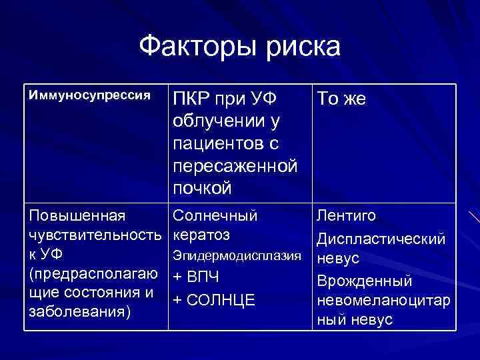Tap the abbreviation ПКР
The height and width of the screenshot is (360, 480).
tap(191, 100)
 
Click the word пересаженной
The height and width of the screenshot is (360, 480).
tap(235, 165)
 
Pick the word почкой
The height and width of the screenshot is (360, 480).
tap(202, 187)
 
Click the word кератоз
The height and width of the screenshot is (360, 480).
tap(201, 235)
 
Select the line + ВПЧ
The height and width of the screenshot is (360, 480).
tap(196, 277)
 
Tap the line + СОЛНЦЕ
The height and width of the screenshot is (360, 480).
tap(213, 299)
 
